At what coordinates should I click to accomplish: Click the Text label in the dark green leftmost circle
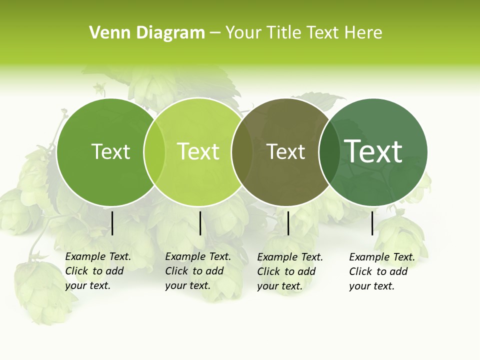[110, 151]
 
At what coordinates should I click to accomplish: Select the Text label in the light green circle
[198, 151]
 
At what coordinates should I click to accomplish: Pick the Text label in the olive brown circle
[285, 151]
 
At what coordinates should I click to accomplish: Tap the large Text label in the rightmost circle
[373, 151]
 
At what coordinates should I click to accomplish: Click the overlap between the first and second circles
[154, 151]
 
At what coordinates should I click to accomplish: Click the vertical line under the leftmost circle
[112, 223]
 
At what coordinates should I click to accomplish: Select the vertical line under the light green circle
[200, 223]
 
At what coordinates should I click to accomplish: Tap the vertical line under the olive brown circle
[288, 223]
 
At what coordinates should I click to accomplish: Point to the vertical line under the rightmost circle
[372, 223]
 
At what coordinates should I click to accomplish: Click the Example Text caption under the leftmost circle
[97, 271]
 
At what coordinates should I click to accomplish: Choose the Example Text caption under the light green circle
[197, 271]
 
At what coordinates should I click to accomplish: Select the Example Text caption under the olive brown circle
[289, 271]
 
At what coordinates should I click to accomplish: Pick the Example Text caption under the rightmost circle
[381, 271]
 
